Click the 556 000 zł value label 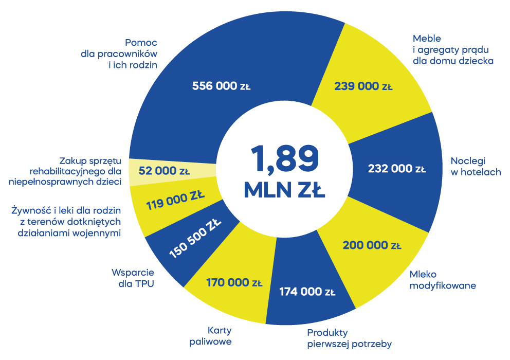coord(221,86)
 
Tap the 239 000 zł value coord(363,86)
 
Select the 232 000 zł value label coord(397,168)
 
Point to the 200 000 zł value coord(372,245)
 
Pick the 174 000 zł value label coord(307,292)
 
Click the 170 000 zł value coord(234,282)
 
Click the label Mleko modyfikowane coord(442,280)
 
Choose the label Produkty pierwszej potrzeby coord(349,338)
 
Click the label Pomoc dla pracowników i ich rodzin coord(119,53)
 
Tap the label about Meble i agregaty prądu coord(453,49)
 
